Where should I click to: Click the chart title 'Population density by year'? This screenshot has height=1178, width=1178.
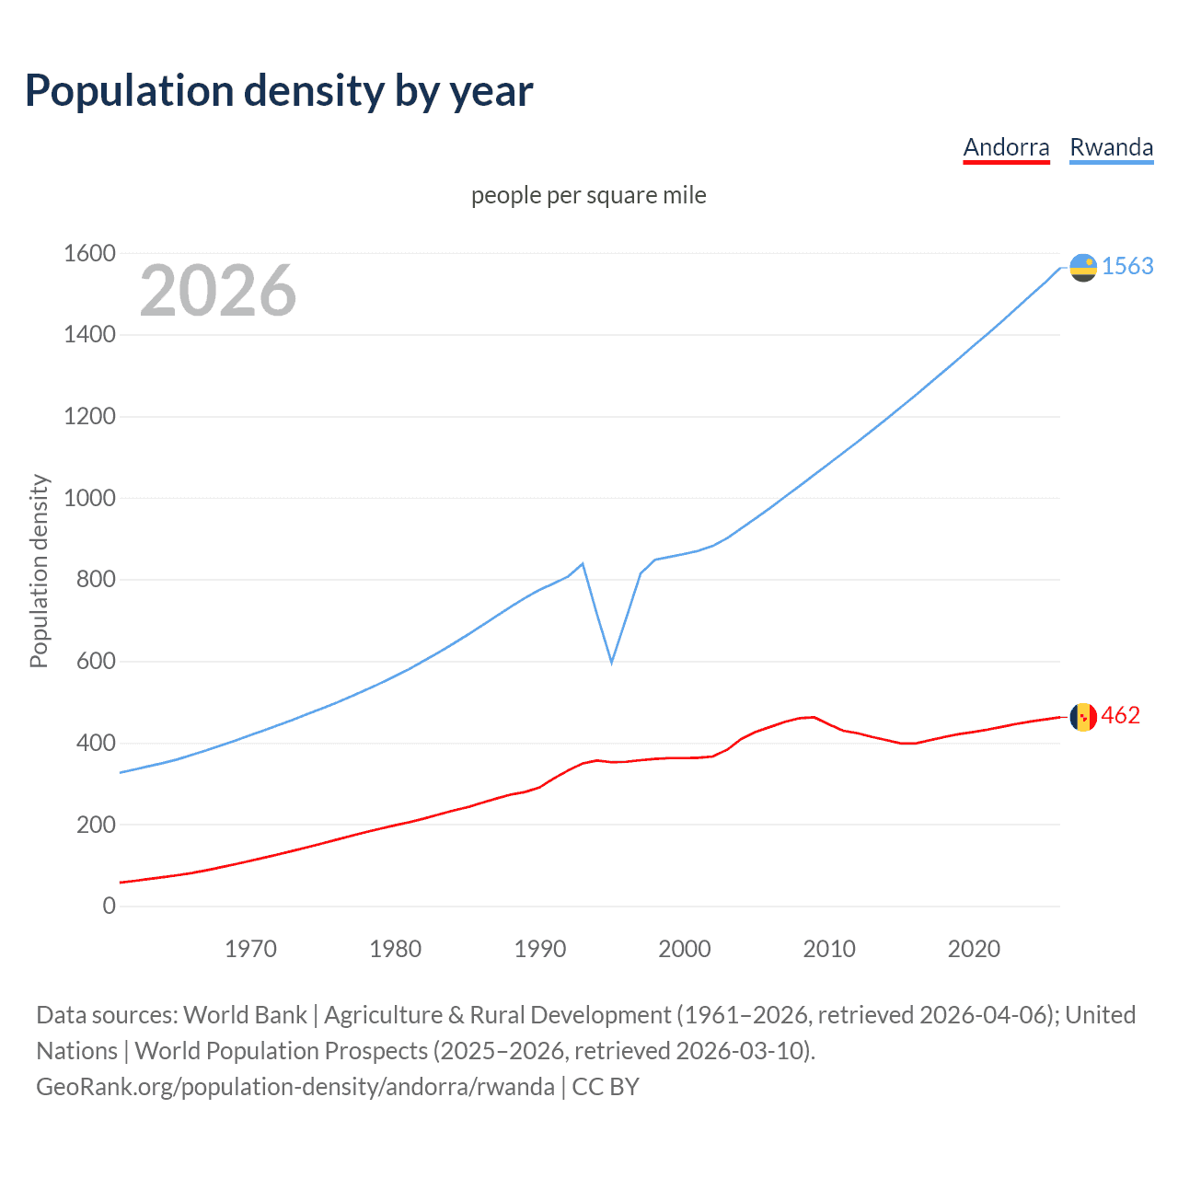[279, 91]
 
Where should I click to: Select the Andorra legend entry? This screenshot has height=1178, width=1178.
[1006, 147]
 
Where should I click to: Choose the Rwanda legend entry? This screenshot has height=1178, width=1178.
[1111, 147]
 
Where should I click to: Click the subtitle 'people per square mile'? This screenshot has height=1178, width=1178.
[588, 195]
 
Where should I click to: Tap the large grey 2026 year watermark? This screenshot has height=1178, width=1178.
[218, 291]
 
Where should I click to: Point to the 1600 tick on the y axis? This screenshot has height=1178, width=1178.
[89, 253]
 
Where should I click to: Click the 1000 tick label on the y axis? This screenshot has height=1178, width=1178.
[89, 498]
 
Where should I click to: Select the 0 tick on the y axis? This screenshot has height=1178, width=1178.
[110, 906]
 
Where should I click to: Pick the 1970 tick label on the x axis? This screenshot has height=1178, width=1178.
[250, 949]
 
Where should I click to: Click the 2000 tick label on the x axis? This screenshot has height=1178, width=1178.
[685, 949]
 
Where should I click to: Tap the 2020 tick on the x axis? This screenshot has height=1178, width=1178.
[974, 949]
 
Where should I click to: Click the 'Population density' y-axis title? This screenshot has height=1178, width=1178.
[39, 571]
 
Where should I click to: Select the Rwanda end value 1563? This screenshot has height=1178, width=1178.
[1127, 266]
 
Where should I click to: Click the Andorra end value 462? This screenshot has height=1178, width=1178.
[1120, 715]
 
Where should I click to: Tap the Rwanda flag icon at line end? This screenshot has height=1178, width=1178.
[1083, 267]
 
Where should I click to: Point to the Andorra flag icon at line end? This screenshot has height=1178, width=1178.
[1083, 716]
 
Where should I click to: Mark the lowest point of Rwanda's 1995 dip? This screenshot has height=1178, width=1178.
[612, 662]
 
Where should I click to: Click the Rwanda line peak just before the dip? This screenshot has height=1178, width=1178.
[583, 563]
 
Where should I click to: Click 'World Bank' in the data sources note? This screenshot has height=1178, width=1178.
[245, 1014]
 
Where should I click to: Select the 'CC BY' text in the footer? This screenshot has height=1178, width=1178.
[606, 1086]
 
